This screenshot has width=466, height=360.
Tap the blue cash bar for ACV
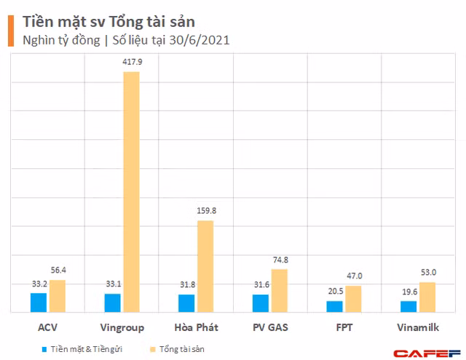coord(39,302)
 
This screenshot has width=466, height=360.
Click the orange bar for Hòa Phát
coord(205,266)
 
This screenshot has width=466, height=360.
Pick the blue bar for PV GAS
coord(261,303)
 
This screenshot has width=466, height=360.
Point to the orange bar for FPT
coord(353,299)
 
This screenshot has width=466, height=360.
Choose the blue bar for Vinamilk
coord(408,306)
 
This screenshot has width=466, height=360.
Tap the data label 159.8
coord(205,211)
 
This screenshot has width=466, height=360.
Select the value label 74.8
coord(279,260)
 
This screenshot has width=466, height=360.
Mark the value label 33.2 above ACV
coord(39,284)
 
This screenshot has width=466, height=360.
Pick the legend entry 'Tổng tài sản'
coord(182,349)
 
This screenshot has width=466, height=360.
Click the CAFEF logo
coord(435,353)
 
